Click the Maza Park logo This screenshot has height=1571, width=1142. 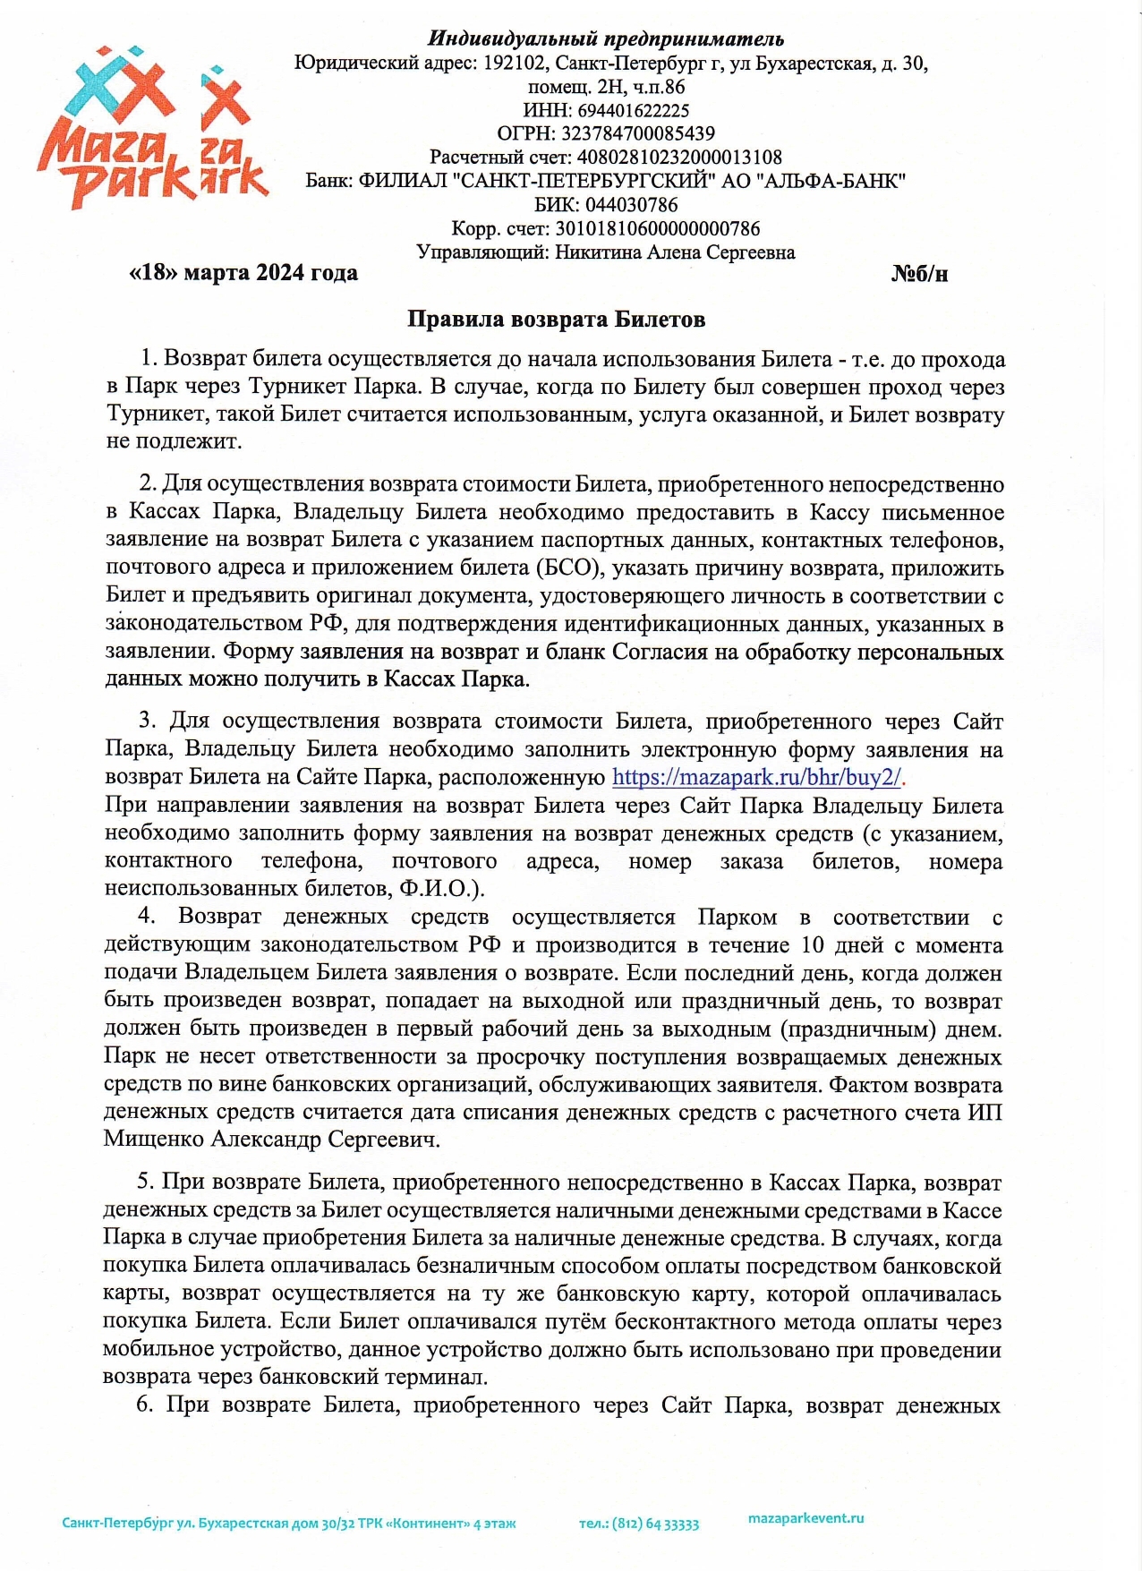tap(152, 130)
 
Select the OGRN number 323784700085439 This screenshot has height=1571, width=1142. tap(637, 134)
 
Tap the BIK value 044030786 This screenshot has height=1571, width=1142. tap(631, 205)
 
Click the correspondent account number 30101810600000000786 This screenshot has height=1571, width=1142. tap(657, 229)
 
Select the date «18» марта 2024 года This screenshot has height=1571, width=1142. tap(243, 273)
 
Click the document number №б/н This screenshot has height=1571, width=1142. tap(919, 274)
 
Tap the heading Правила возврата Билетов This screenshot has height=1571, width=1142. tap(556, 320)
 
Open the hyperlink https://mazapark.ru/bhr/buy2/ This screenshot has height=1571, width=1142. tap(757, 777)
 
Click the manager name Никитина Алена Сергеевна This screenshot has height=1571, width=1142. tap(675, 252)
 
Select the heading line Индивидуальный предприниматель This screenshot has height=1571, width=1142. tap(606, 38)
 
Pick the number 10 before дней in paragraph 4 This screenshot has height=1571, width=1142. tap(813, 945)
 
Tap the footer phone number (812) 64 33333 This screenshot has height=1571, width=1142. tap(656, 1524)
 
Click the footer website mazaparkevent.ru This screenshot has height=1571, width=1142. tap(805, 1518)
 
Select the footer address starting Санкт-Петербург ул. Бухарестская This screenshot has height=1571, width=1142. tap(288, 1524)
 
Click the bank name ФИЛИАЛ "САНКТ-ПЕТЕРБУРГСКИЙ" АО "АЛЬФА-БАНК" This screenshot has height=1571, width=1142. tap(632, 181)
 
